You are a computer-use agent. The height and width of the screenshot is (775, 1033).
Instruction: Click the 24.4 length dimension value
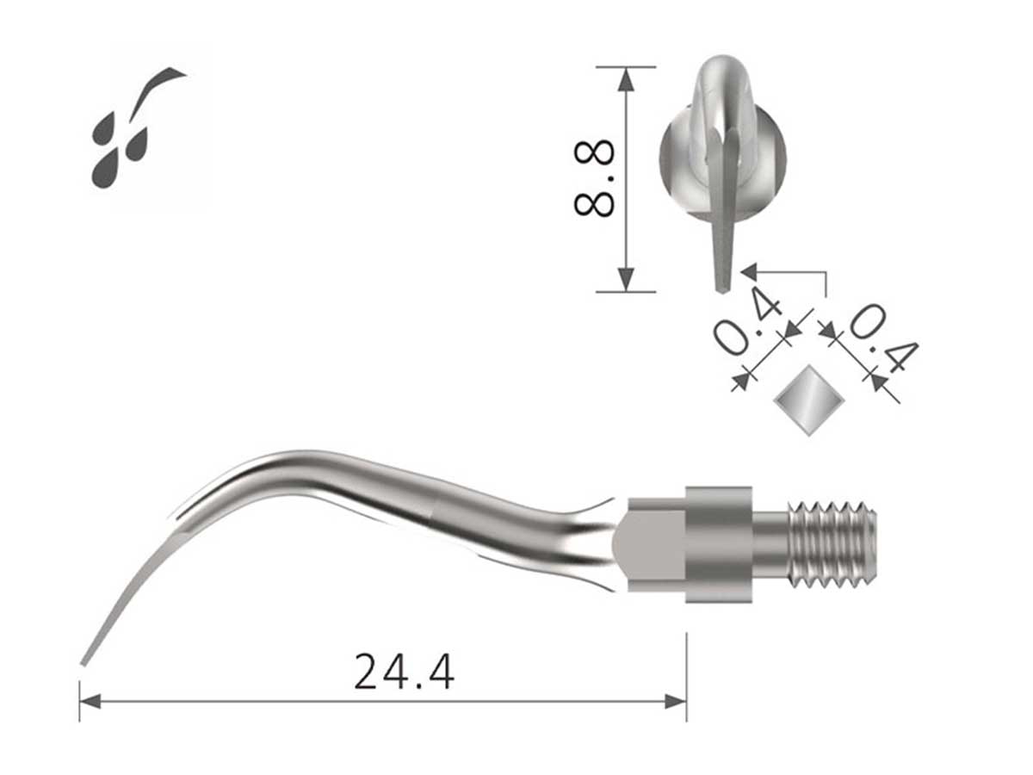pos(404,673)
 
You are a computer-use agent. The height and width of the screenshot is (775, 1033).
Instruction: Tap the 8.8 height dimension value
pos(595,178)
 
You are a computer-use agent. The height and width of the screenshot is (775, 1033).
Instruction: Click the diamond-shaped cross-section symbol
pos(807,400)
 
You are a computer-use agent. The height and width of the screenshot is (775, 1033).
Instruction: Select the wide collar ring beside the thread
pos(718,545)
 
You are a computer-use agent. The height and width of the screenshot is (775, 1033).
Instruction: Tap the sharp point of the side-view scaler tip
pos(84,663)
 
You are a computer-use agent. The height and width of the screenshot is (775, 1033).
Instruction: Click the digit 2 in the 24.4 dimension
pos(368,673)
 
